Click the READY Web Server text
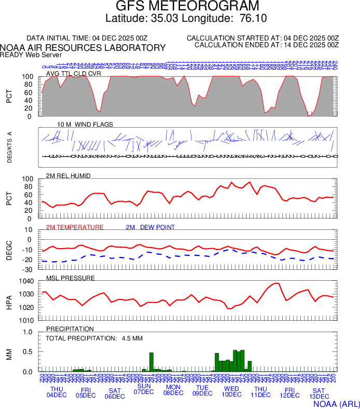point(31,54)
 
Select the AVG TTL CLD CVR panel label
point(73,73)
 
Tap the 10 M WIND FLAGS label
point(85,125)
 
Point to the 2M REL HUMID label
point(68,175)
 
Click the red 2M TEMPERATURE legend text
point(75,227)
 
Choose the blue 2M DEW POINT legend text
point(150,227)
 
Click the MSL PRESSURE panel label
point(70,278)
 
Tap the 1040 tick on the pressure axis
point(26,281)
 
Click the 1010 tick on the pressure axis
point(26,320)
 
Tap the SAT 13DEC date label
point(319,393)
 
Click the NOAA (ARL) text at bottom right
point(337,403)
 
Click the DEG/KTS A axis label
point(10,147)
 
